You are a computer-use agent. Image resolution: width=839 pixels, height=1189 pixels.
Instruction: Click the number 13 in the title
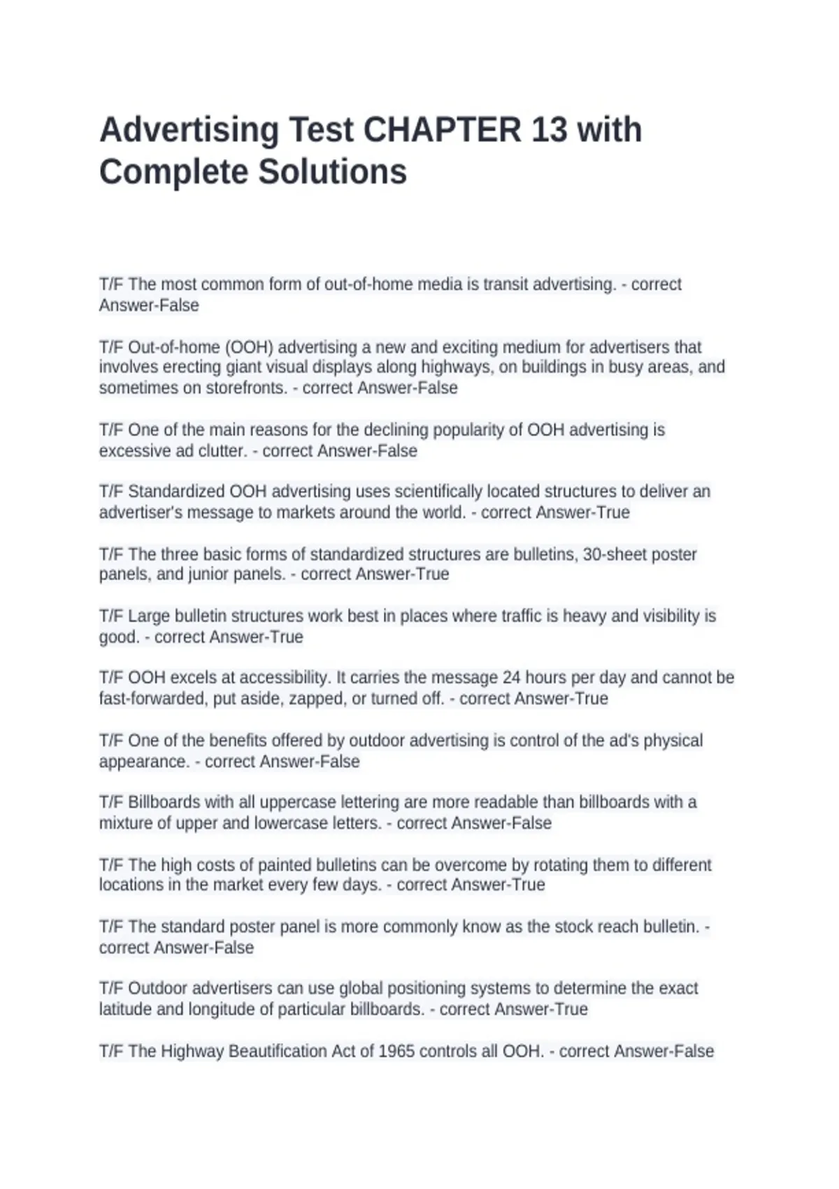pos(549,130)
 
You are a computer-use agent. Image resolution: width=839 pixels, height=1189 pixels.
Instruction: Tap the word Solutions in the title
pos(333,172)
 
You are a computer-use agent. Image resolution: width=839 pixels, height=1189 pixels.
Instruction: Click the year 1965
pos(397,1051)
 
